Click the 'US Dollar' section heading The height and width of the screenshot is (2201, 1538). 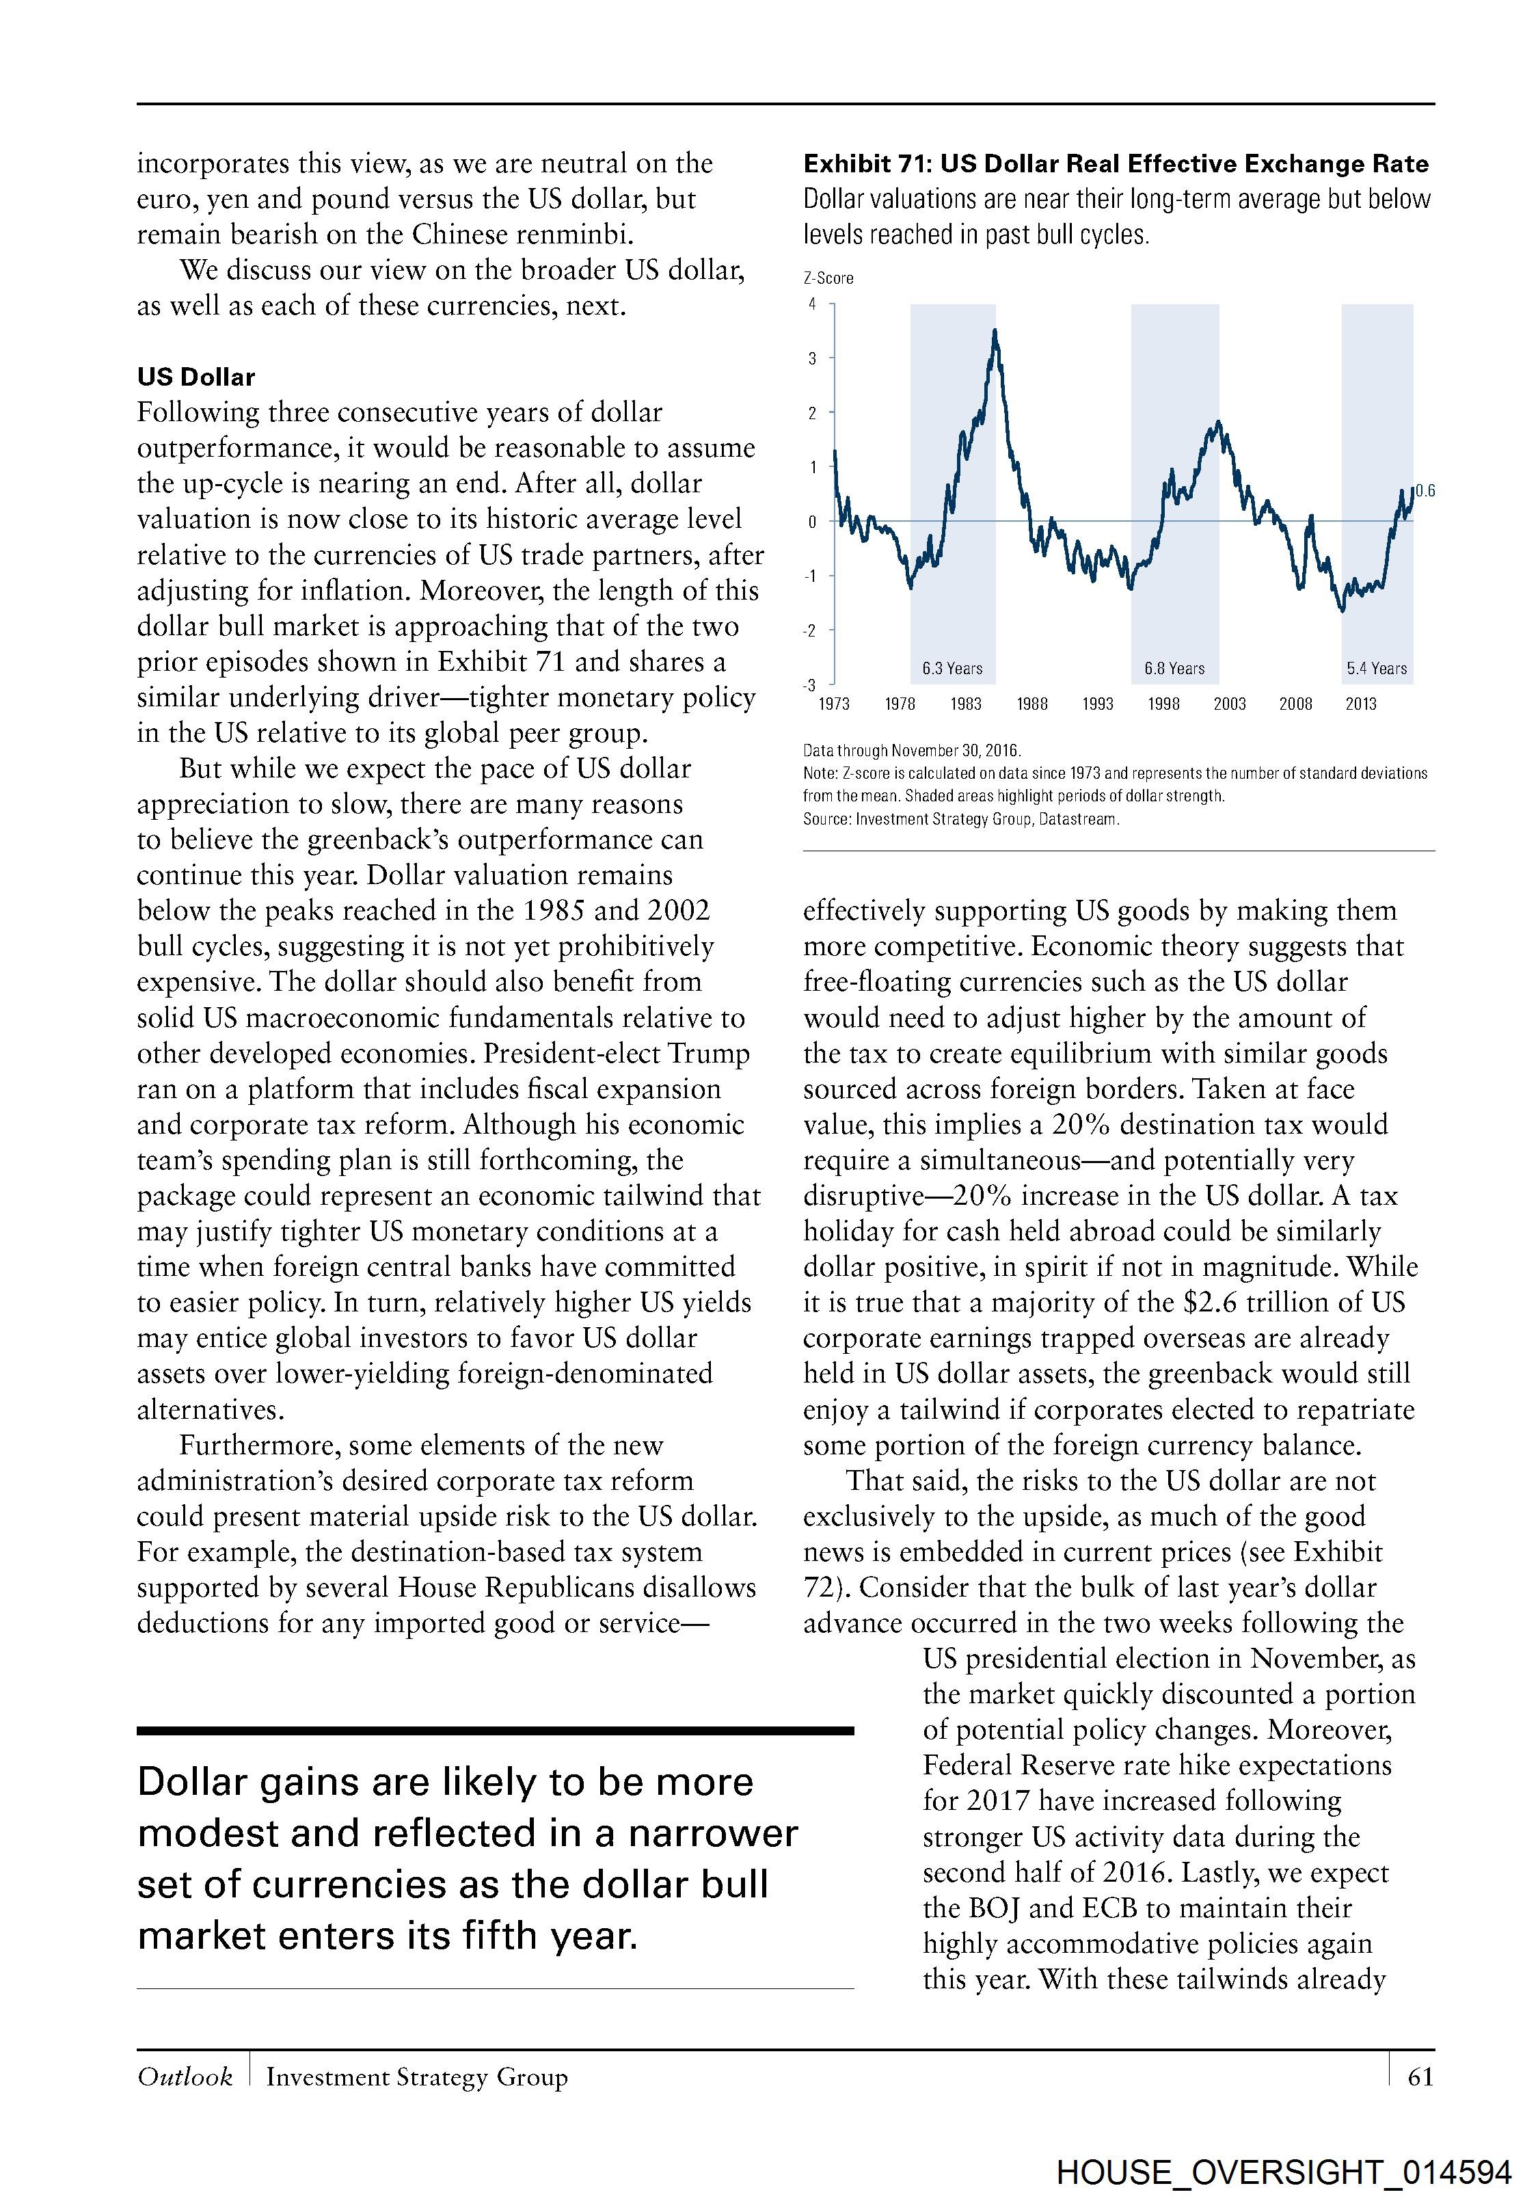coord(195,377)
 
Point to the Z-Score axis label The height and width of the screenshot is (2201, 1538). coord(828,278)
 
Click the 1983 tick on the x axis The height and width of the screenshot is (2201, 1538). coord(965,704)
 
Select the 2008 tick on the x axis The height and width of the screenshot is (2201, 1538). coord(1295,704)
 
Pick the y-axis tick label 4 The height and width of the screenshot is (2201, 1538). coord(813,304)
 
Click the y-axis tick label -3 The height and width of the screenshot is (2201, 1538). coord(811,684)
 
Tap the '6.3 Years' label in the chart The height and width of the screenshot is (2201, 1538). coord(952,668)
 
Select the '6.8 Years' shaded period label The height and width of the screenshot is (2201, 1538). coord(1174,668)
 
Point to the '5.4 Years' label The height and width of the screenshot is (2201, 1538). coord(1376,668)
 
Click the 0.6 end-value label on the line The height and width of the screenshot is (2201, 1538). coord(1425,491)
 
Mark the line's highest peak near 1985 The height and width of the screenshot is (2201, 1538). coord(995,331)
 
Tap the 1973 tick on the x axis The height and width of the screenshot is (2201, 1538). coord(834,704)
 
